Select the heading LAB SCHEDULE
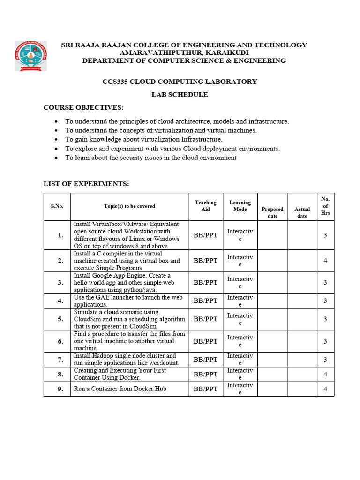click(x=180, y=95)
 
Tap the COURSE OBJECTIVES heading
click(x=83, y=108)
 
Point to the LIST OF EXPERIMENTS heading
click(x=86, y=184)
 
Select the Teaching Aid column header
click(x=206, y=206)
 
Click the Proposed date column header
click(x=272, y=212)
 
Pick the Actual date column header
click(x=302, y=212)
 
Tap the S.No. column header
click(x=57, y=206)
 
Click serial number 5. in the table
click(x=60, y=319)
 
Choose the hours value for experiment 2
click(x=325, y=261)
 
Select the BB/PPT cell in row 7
click(x=206, y=360)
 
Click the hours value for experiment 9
click(x=325, y=389)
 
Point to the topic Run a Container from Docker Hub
click(x=120, y=389)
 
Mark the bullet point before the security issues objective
click(x=56, y=158)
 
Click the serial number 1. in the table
click(x=60, y=235)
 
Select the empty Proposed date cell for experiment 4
click(x=272, y=301)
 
